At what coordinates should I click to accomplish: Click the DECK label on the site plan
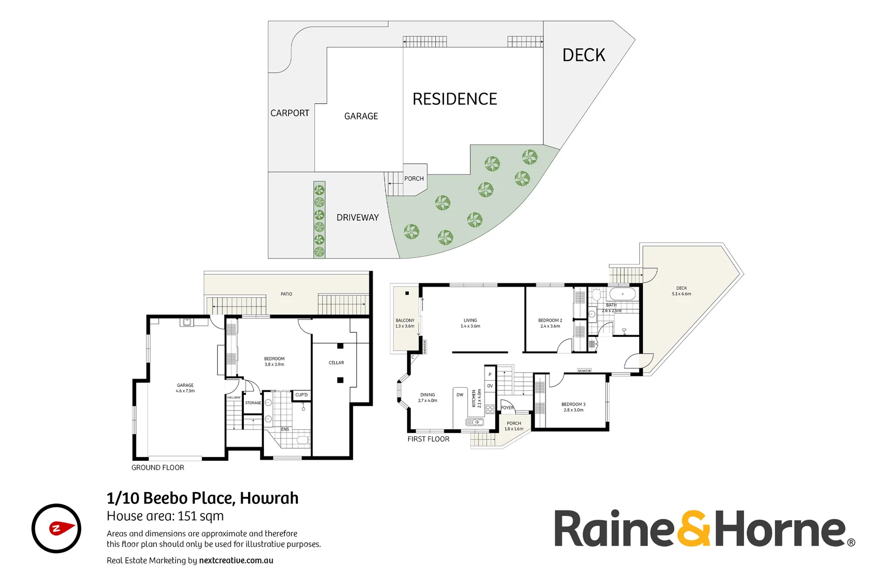point(583,55)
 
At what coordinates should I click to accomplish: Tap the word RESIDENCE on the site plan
point(455,99)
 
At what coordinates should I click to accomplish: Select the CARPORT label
point(290,113)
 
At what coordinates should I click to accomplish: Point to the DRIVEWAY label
point(357,217)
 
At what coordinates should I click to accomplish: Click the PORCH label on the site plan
point(414,178)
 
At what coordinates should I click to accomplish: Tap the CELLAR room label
point(336,363)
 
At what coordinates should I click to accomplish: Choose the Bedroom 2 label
point(550,321)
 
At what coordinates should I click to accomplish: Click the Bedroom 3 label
point(573,404)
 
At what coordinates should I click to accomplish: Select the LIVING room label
point(470,321)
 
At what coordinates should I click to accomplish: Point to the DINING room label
point(427,395)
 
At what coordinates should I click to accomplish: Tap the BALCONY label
point(405,321)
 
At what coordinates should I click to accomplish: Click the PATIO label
point(287,294)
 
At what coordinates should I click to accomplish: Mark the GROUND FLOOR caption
point(158,468)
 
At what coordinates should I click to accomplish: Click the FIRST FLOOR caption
point(428,439)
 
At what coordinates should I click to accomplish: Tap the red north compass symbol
point(56,528)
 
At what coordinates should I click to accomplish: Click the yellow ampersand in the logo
point(694,529)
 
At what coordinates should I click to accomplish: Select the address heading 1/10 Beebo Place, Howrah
point(202,498)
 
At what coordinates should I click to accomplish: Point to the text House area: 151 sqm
point(165,516)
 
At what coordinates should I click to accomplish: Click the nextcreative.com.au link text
point(236,561)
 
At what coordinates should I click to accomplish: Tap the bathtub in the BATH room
point(622,294)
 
